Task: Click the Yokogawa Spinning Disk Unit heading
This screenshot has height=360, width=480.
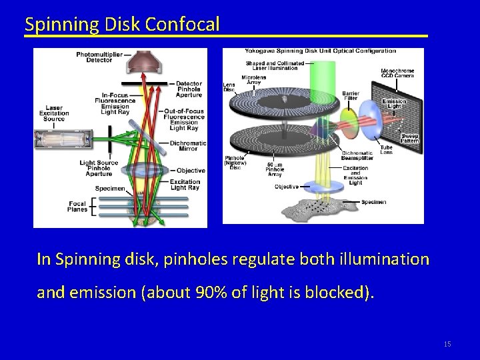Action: [320, 51]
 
